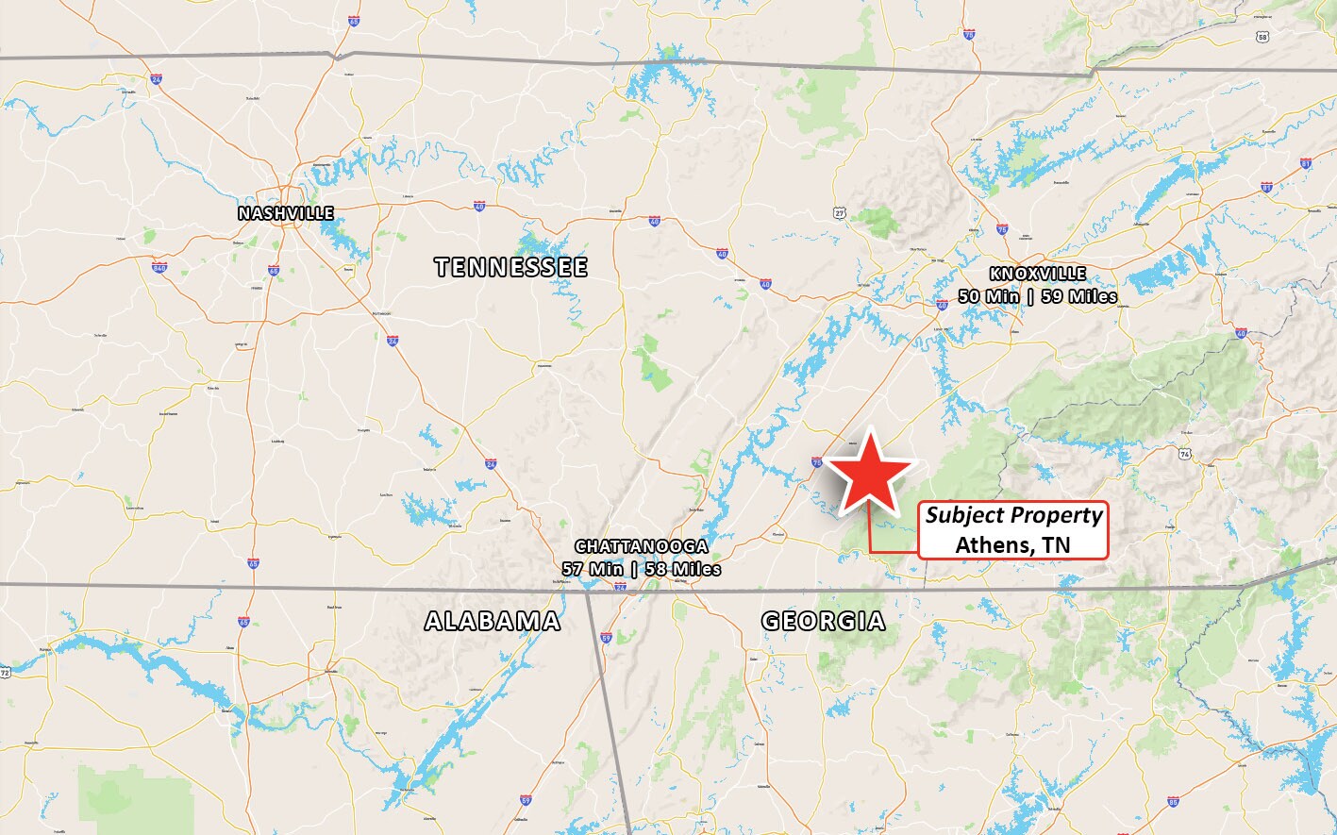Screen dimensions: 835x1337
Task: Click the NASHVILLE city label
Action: point(285,213)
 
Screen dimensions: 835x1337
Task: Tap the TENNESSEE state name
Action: point(511,267)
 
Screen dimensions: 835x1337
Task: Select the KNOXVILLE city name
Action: point(1038,275)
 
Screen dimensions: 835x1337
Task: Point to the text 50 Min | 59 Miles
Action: point(1038,296)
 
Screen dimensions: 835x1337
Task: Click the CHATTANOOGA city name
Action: point(642,547)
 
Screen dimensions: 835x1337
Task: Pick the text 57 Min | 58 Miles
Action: point(642,569)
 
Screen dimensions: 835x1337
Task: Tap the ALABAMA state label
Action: point(493,621)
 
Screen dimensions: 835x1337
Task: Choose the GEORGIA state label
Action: point(824,621)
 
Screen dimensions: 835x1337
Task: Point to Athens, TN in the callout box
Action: point(1012,544)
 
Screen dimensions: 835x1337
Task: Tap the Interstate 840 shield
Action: point(159,268)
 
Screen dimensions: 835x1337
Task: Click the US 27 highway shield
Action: point(839,214)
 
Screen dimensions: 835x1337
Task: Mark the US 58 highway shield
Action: point(1262,37)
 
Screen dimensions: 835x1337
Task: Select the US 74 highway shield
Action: point(1185,454)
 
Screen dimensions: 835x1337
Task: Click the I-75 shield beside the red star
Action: point(817,461)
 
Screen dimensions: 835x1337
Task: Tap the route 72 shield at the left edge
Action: point(6,673)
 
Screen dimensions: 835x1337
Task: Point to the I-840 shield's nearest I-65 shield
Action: point(273,271)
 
